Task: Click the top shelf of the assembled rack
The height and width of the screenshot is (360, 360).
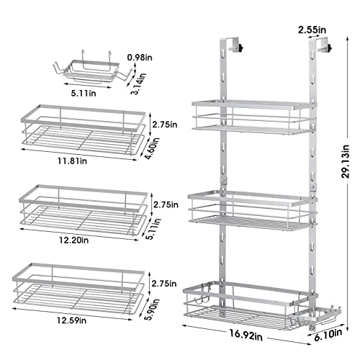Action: coord(253,116)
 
